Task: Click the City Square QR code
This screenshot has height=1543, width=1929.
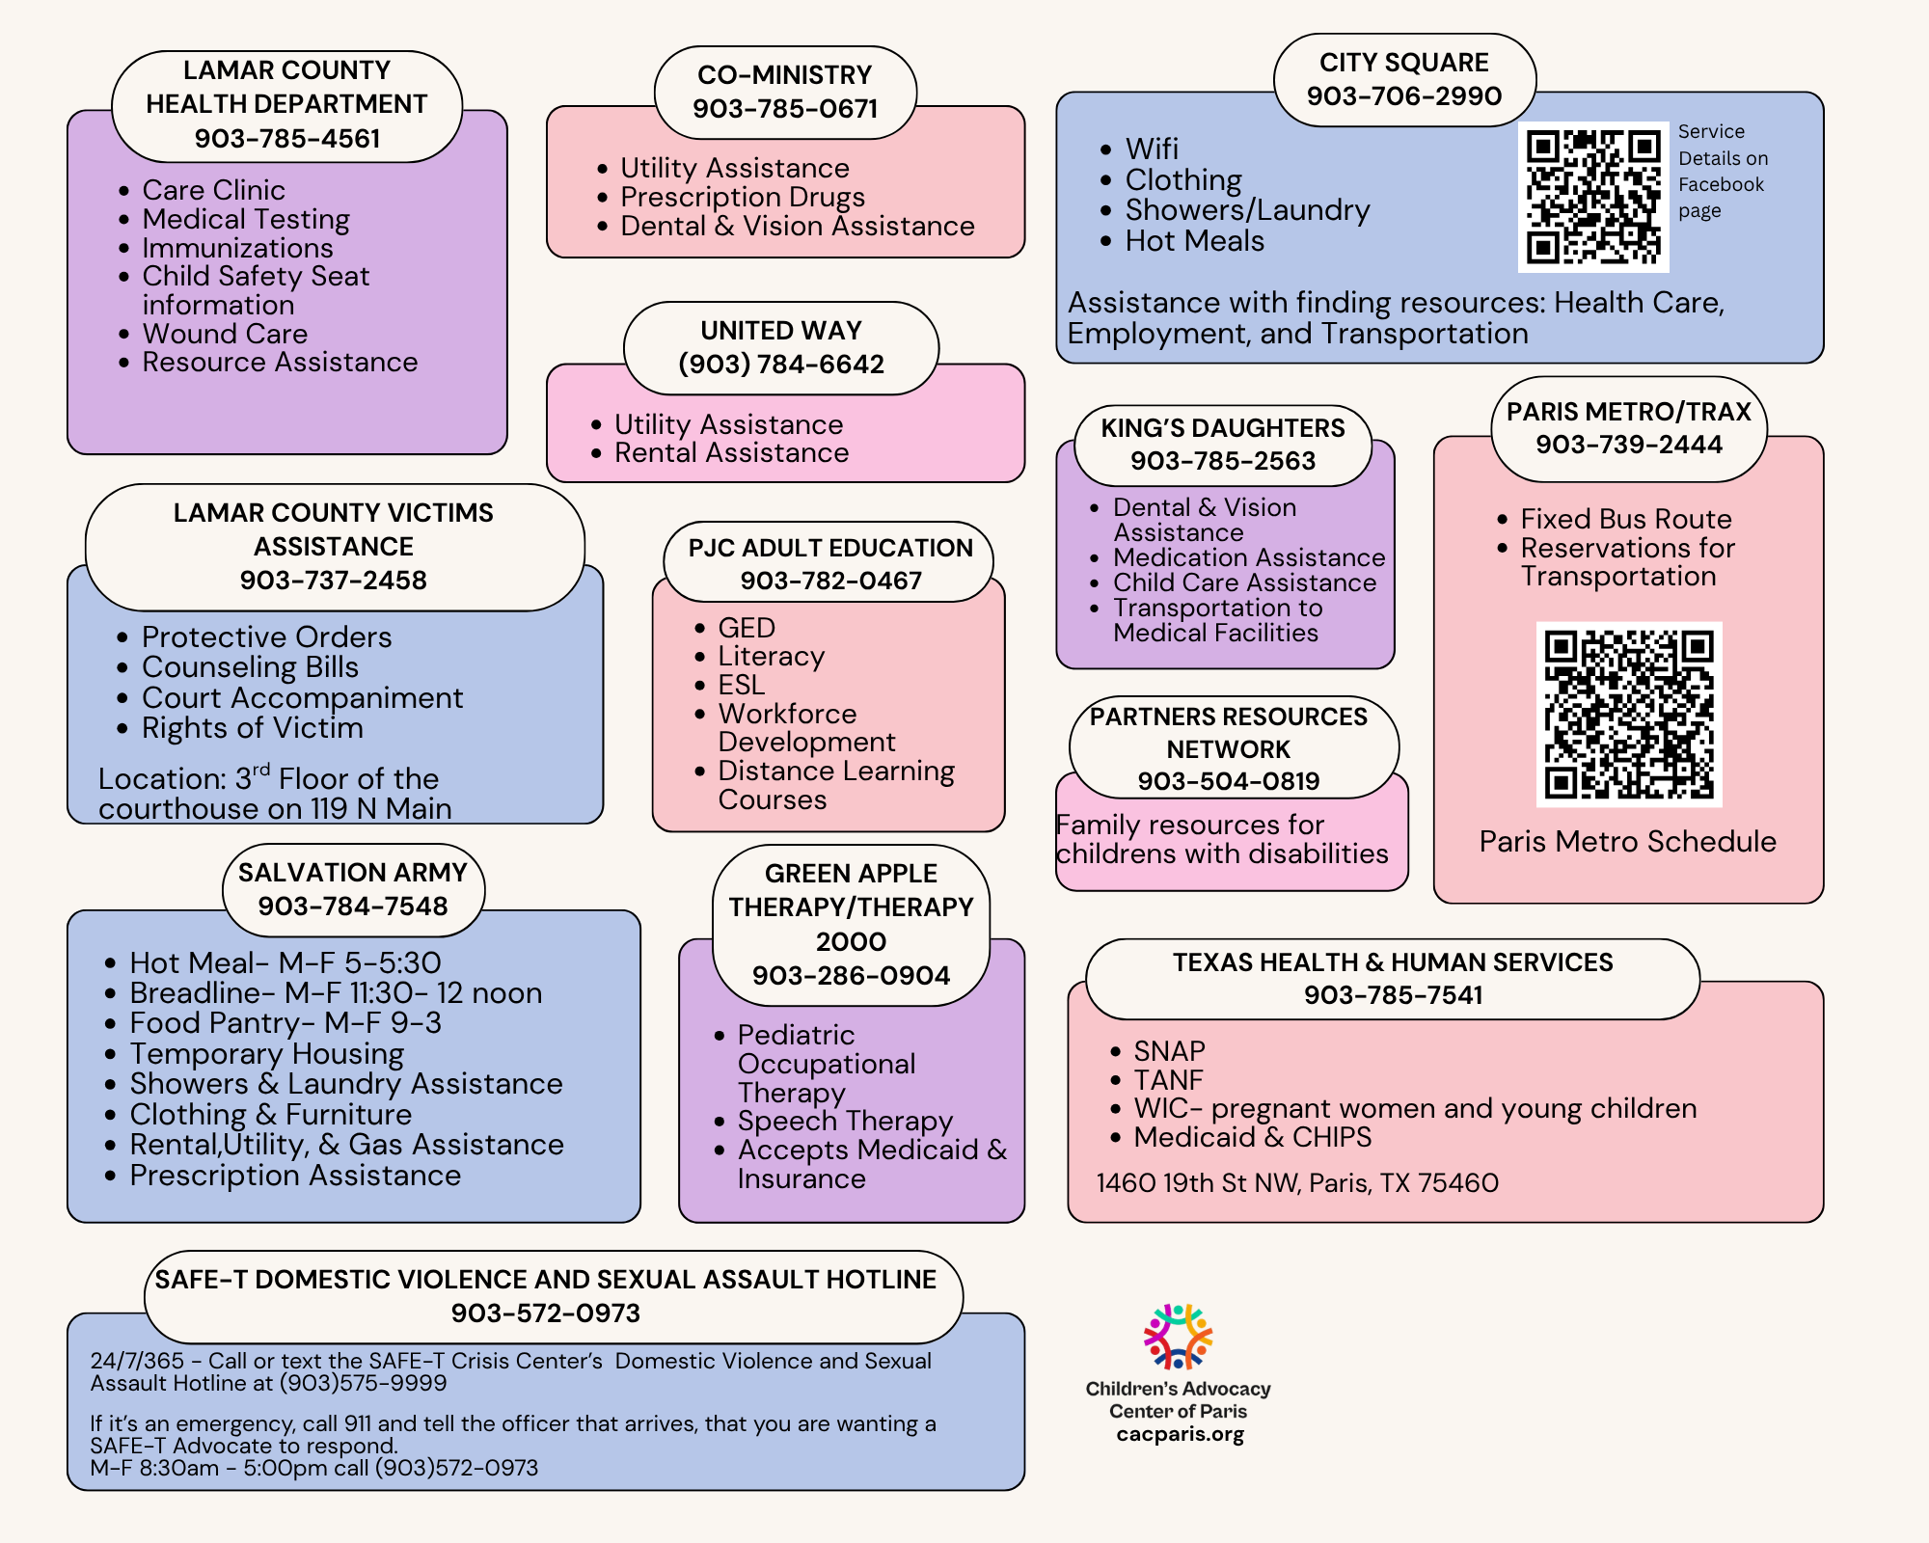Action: pyautogui.click(x=1593, y=197)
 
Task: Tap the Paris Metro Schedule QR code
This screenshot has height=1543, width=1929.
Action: pyautogui.click(x=1629, y=715)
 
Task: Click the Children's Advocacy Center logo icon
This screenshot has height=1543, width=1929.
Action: pyautogui.click(x=1178, y=1337)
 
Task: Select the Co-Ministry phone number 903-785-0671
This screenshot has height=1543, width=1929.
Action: pyautogui.click(x=785, y=108)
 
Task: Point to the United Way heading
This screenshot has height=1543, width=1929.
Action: pyautogui.click(x=781, y=330)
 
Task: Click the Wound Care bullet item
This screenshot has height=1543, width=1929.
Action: pyautogui.click(x=225, y=334)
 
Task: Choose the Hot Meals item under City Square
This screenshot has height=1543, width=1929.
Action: pyautogui.click(x=1194, y=241)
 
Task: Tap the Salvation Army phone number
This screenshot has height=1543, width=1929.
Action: pyautogui.click(x=353, y=906)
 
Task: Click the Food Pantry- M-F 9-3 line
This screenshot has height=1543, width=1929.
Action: pyautogui.click(x=285, y=1023)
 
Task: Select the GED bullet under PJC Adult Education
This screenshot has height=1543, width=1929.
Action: pyautogui.click(x=747, y=628)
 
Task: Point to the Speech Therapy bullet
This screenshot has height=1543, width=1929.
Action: pyautogui.click(x=845, y=1121)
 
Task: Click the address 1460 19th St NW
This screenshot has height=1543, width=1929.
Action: pyautogui.click(x=1297, y=1182)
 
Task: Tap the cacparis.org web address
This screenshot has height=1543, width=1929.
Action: pyautogui.click(x=1180, y=1434)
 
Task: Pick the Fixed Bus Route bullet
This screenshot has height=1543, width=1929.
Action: pyautogui.click(x=1626, y=519)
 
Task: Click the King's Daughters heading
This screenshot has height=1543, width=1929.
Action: pyautogui.click(x=1223, y=427)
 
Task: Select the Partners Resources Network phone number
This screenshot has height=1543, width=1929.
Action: pyautogui.click(x=1228, y=781)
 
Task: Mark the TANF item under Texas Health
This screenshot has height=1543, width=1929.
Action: pyautogui.click(x=1168, y=1080)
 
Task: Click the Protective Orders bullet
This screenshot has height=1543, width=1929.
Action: pyautogui.click(x=266, y=637)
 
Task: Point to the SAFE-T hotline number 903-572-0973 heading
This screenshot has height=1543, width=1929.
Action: pyautogui.click(x=546, y=1313)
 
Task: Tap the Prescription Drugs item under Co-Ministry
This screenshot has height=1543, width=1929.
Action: pyautogui.click(x=743, y=198)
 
